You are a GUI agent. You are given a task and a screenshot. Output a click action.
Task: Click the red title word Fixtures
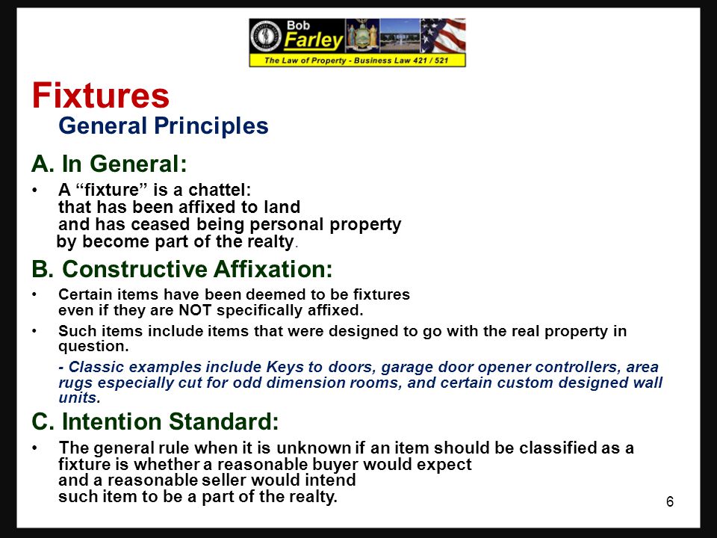point(101,96)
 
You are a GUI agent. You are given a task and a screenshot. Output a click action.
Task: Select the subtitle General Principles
point(163,126)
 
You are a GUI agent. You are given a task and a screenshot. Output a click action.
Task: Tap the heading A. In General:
point(108,163)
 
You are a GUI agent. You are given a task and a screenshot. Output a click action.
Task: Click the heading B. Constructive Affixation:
point(181,268)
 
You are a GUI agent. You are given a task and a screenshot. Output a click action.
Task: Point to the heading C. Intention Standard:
point(155,422)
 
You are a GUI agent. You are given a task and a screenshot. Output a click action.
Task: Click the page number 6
point(670,501)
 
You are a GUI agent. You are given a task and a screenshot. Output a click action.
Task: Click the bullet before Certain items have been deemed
point(35,294)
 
